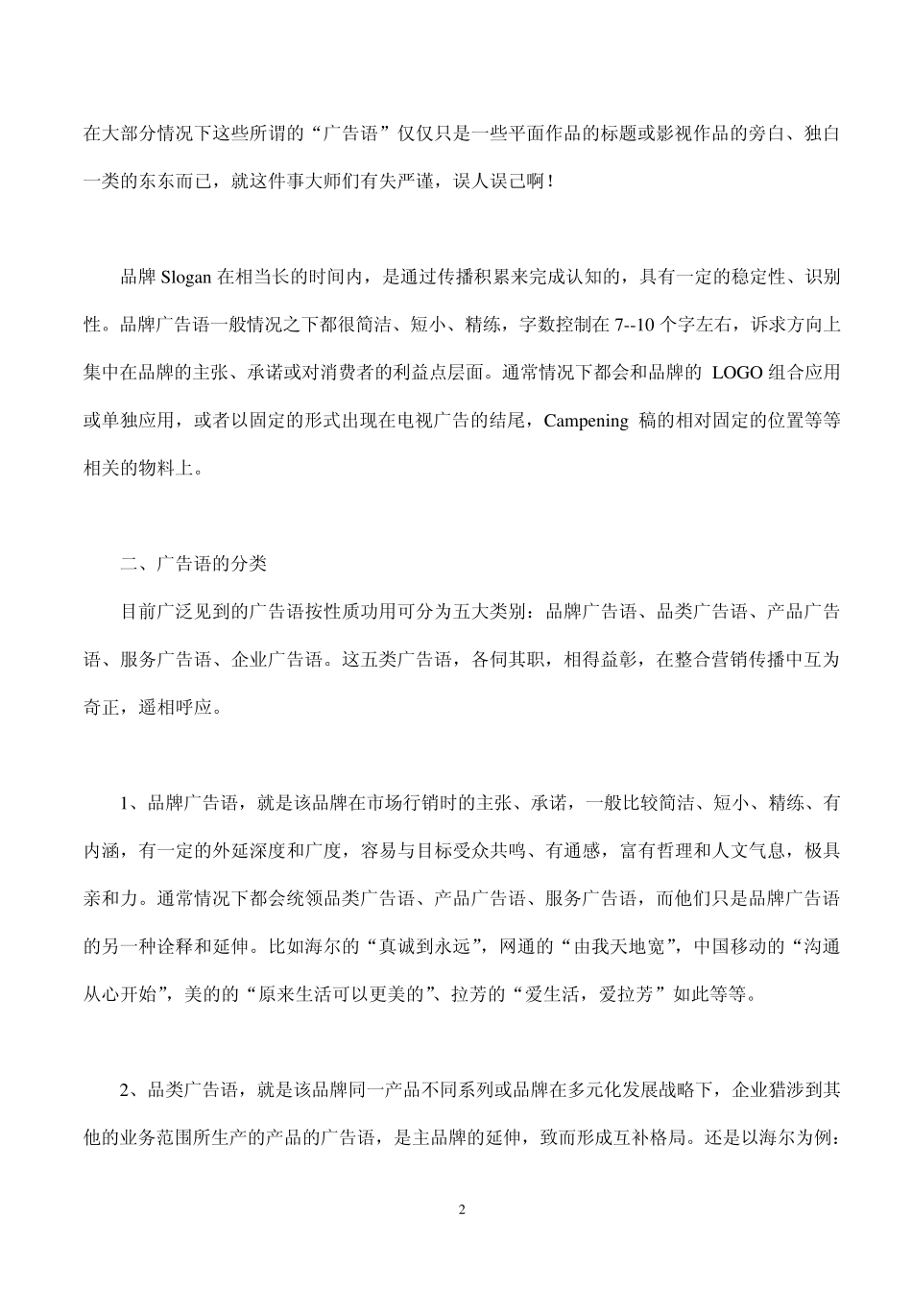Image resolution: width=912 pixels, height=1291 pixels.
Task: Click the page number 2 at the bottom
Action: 462,1209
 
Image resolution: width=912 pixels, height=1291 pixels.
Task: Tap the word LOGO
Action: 736,373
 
